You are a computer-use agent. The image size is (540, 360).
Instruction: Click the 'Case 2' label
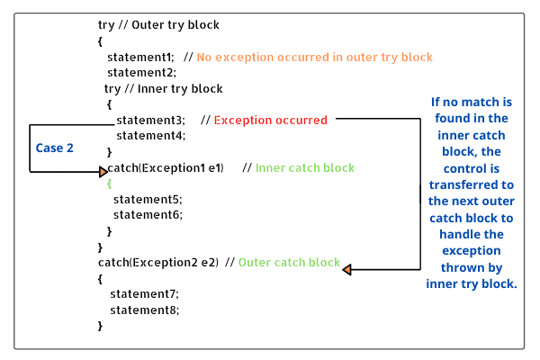55,148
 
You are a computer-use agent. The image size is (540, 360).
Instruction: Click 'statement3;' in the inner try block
150,120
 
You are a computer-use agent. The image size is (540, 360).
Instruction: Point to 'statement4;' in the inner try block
150,135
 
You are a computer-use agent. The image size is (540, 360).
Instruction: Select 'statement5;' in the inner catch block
148,199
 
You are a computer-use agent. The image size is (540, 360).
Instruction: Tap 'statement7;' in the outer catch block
144,293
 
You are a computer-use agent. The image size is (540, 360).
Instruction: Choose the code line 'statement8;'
144,310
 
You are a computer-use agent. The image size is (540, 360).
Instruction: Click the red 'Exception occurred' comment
270,120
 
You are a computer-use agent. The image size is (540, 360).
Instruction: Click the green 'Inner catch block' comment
304,168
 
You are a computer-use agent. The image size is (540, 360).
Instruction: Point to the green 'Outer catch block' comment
289,263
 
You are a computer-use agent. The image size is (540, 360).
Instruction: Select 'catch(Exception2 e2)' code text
158,263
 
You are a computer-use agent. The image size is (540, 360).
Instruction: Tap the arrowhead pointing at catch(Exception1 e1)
103,170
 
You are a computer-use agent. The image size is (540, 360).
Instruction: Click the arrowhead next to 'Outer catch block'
347,268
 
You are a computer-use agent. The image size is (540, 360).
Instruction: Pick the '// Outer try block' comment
171,24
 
